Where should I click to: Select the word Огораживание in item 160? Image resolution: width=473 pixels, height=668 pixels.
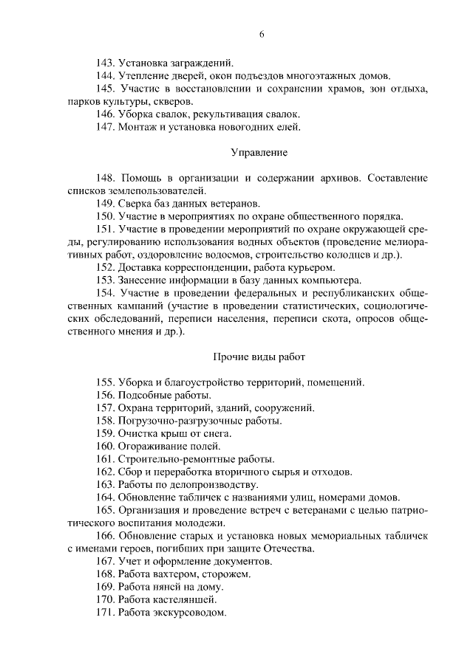coord(153,447)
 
